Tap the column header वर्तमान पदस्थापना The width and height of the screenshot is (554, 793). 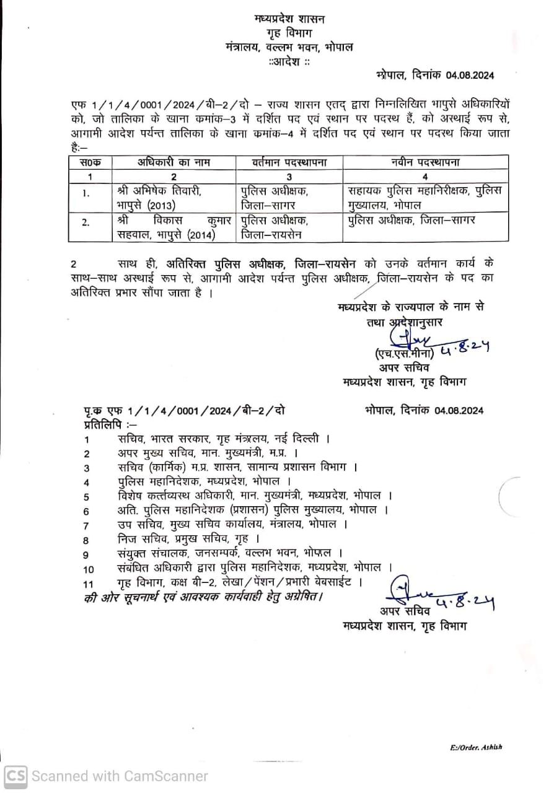tap(289, 162)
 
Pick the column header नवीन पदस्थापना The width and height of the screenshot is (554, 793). tap(425, 162)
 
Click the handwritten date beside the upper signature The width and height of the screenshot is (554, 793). tap(465, 350)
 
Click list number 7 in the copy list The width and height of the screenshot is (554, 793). tap(86, 525)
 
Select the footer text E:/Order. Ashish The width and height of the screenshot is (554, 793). tap(476, 747)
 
